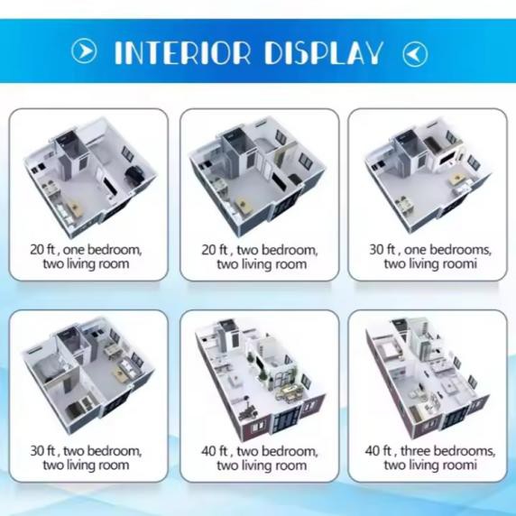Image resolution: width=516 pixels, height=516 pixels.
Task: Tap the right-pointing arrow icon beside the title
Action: pyautogui.click(x=84, y=52)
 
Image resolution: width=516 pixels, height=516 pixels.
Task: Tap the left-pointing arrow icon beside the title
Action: pyautogui.click(x=415, y=52)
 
